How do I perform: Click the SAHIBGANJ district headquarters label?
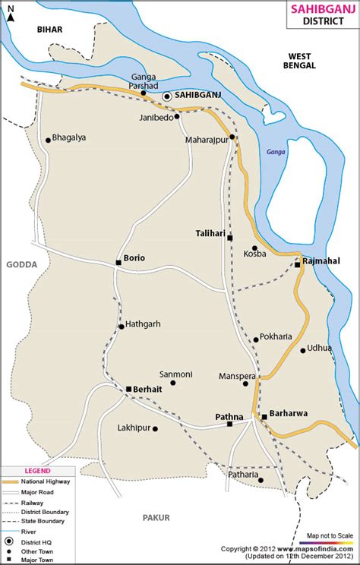[200, 96]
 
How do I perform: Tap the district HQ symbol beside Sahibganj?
[167, 96]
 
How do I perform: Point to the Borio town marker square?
[118, 263]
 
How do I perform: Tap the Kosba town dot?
[254, 248]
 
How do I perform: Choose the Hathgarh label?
[143, 324]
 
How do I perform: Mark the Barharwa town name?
[288, 415]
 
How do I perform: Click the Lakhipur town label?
[133, 428]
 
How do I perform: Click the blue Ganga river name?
[275, 152]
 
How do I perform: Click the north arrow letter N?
[11, 9]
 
